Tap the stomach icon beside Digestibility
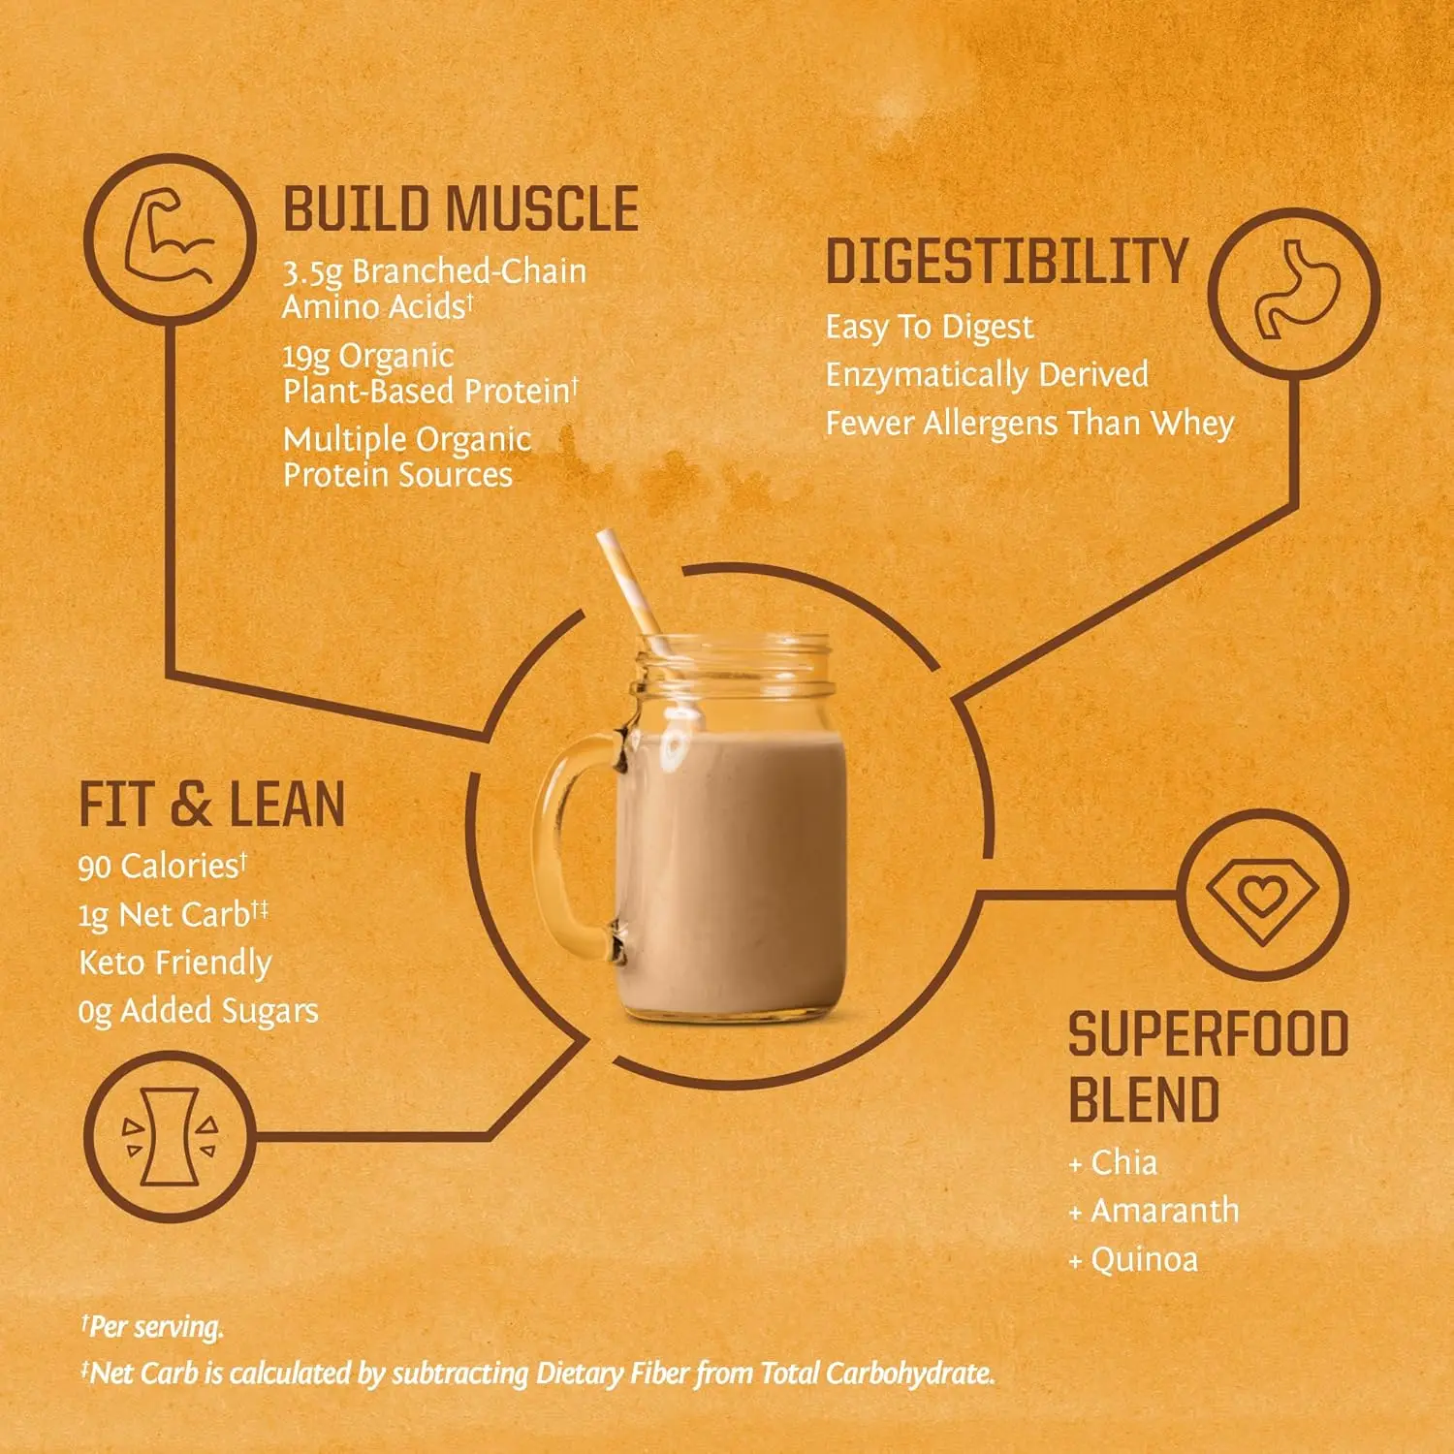[x=1295, y=292]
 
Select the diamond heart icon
[x=1263, y=894]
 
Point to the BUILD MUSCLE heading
[x=460, y=209]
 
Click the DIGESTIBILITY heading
[x=1006, y=262]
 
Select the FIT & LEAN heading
[x=211, y=806]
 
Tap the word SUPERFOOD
[x=1208, y=1034]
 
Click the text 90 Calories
[x=162, y=866]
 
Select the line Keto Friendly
[x=174, y=963]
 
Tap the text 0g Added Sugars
[x=198, y=1011]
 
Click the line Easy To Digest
[x=930, y=328]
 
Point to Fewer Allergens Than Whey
[x=1029, y=424]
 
